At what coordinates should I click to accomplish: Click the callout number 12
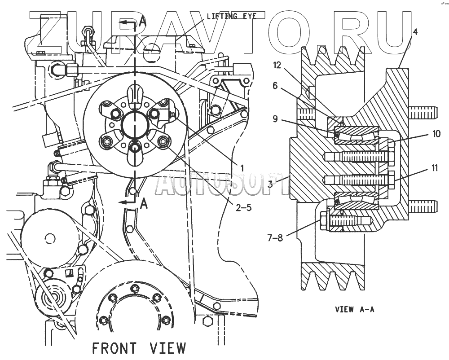[277, 65]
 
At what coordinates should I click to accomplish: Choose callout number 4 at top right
[415, 31]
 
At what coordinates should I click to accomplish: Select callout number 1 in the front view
[242, 167]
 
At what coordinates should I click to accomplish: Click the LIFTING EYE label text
[231, 16]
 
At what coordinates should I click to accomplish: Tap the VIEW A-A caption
[354, 309]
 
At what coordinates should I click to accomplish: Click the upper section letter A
[142, 20]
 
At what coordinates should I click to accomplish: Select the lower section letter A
[144, 204]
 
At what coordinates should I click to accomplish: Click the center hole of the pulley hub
[135, 125]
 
